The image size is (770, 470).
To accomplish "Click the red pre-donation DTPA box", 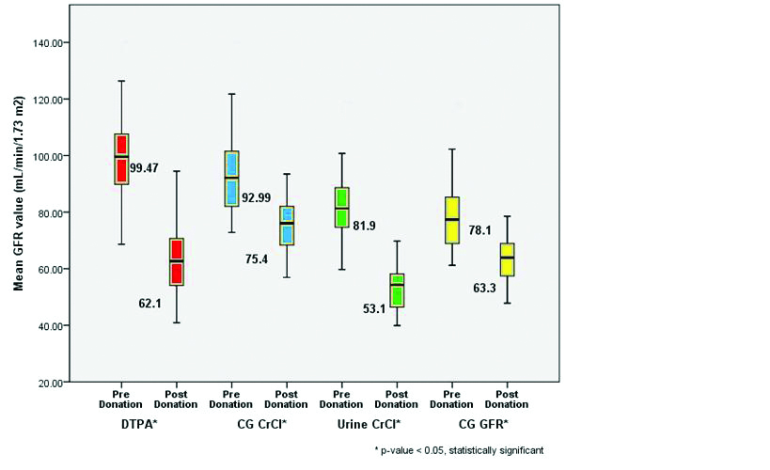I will pos(121,159).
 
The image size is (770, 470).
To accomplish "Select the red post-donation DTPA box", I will pos(176,261).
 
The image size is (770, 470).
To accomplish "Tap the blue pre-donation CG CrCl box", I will pos(232,179).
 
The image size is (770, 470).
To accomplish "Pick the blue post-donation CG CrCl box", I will pos(288,226).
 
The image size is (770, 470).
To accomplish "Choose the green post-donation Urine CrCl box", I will pos(397,290).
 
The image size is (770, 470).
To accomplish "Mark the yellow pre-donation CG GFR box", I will pos(452,220).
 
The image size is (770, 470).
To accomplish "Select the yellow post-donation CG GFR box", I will pos(508,258).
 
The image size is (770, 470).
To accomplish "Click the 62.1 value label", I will pos(141,278).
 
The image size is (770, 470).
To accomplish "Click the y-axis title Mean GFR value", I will pos(18,212).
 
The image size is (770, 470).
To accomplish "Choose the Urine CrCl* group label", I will pos(369,425).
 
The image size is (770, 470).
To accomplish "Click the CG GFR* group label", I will pos(479,425).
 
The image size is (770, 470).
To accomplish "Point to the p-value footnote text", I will pos(459,451).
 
